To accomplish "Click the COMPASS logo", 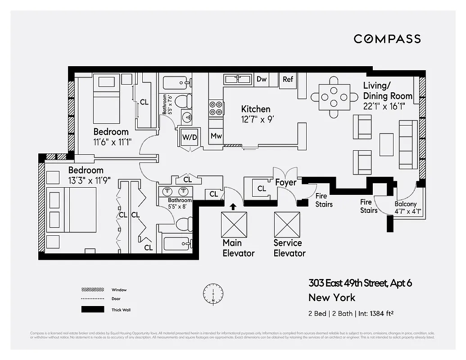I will tap(387, 39).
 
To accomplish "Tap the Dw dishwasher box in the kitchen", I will tap(262, 79).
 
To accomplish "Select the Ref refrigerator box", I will tap(288, 79).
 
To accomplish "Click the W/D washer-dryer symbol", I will tap(189, 137).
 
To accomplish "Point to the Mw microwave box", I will tap(216, 136).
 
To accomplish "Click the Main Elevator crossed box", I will tap(234, 225).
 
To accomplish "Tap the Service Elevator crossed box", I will tap(287, 225).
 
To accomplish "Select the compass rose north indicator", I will tap(213, 293).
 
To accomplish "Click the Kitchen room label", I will tap(256, 109).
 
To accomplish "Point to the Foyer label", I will tap(286, 182).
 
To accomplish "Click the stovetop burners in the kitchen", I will tap(216, 108).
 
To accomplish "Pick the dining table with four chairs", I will tap(333, 97).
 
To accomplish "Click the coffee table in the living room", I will tap(386, 144).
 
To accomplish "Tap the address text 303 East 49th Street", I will tap(348, 283).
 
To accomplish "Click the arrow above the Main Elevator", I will tap(233, 207).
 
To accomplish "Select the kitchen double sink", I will tap(238, 79).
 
